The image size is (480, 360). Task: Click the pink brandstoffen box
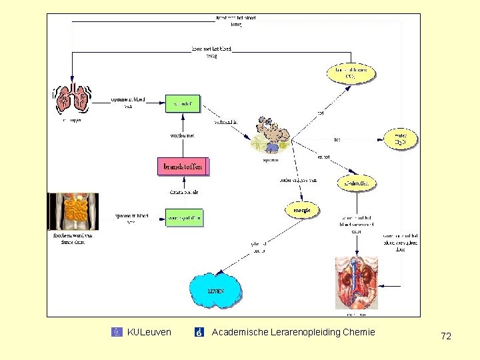tap(183, 166)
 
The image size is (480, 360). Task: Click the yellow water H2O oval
tap(401, 139)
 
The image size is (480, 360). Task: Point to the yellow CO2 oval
tap(351, 73)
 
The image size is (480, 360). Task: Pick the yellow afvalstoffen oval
tap(356, 183)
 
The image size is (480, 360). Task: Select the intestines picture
tap(74, 211)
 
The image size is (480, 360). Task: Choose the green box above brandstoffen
tap(183, 103)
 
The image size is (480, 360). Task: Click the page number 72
tap(446, 337)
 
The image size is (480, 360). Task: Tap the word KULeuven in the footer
tap(149, 332)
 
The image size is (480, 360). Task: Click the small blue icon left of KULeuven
tap(117, 332)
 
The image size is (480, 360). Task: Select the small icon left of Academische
tap(199, 332)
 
